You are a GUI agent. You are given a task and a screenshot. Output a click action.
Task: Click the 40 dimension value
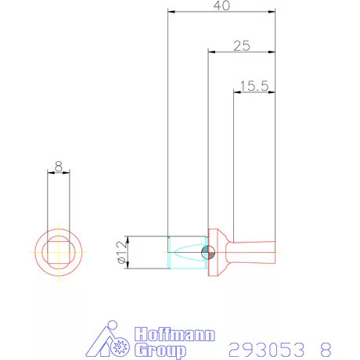coord(221,6)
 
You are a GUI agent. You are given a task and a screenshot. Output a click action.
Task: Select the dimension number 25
coord(241,46)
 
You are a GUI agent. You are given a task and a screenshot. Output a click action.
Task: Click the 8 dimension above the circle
coord(58,166)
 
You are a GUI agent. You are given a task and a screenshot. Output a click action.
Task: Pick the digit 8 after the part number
coord(325,347)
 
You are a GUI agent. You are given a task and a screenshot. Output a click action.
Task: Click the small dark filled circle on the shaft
coord(207,252)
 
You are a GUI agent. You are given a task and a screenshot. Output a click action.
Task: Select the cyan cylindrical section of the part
coord(186,252)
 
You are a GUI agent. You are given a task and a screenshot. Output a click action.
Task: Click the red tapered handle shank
coord(250,252)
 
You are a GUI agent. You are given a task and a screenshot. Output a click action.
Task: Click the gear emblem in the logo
coord(121,346)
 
